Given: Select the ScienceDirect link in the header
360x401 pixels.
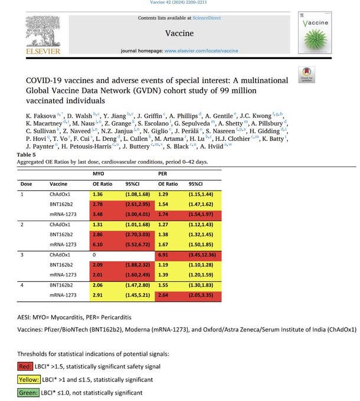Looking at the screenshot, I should click(202, 18).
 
